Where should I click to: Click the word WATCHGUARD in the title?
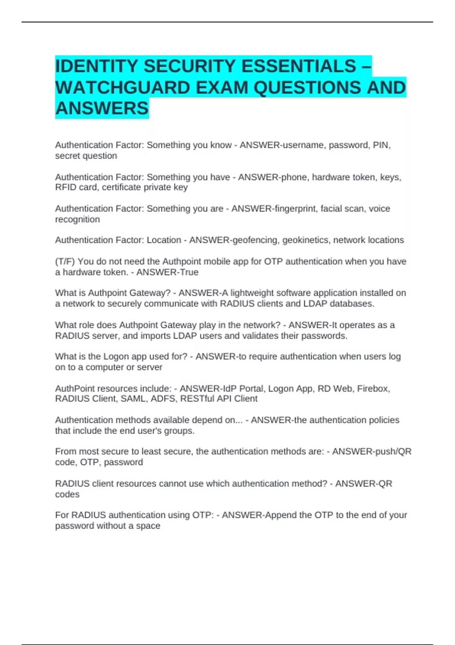[x=122, y=88]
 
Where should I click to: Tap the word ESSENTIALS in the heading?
[x=298, y=66]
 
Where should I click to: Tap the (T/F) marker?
[x=65, y=261]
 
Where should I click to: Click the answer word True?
[x=189, y=272]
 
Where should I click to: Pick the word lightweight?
[x=251, y=293]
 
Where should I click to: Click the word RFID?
[x=66, y=187]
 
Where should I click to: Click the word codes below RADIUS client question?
[x=67, y=494]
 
